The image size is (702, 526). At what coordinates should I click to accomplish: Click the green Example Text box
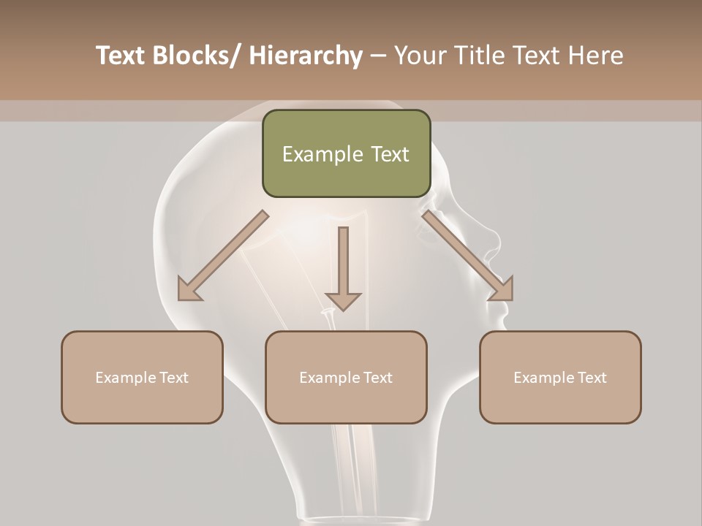(x=346, y=153)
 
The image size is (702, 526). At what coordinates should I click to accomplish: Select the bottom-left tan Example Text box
(x=142, y=377)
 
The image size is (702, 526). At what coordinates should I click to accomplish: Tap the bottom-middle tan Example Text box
(x=346, y=377)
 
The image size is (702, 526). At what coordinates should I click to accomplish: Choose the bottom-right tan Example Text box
(x=560, y=377)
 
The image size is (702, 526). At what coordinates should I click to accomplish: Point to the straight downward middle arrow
(x=343, y=267)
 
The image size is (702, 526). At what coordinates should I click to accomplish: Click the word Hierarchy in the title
(x=306, y=56)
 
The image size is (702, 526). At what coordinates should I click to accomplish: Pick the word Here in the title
(x=597, y=56)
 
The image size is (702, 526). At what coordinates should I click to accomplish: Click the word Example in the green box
(x=322, y=154)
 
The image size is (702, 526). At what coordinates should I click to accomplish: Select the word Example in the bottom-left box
(x=125, y=378)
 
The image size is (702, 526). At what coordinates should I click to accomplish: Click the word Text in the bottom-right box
(x=591, y=378)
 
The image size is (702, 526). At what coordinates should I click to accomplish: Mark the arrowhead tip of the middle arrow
(x=343, y=309)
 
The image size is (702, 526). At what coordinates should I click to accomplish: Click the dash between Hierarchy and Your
(x=379, y=56)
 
